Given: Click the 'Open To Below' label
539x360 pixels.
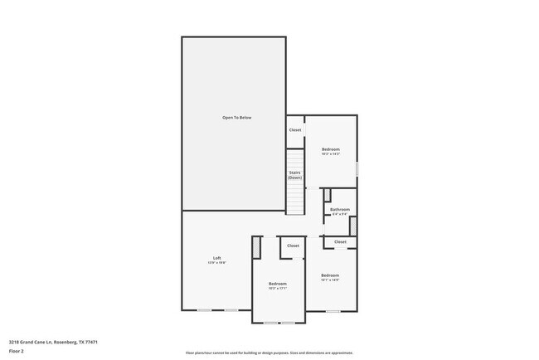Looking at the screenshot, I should (x=236, y=118).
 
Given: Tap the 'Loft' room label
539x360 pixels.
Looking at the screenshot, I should (x=216, y=258).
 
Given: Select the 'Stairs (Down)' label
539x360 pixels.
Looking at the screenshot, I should (x=294, y=175).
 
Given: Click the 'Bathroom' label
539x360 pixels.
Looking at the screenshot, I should (x=340, y=209).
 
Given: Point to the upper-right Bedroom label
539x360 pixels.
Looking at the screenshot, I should (x=331, y=149).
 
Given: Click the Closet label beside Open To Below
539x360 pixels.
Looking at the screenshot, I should (x=294, y=130).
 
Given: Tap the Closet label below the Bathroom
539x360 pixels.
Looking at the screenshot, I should (x=340, y=241).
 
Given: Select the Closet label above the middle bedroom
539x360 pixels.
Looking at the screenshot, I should (x=293, y=246).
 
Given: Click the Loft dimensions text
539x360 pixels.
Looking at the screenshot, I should (x=216, y=263).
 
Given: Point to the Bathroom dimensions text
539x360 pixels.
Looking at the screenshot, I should (x=340, y=214).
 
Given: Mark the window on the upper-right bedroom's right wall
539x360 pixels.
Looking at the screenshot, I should (x=357, y=168).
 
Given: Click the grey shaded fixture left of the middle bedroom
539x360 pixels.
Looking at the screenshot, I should (x=256, y=246).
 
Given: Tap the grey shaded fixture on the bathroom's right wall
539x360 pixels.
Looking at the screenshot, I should (x=352, y=226).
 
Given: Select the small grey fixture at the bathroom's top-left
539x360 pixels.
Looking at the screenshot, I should (x=327, y=195).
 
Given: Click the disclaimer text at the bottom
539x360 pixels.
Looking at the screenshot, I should (x=269, y=353).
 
